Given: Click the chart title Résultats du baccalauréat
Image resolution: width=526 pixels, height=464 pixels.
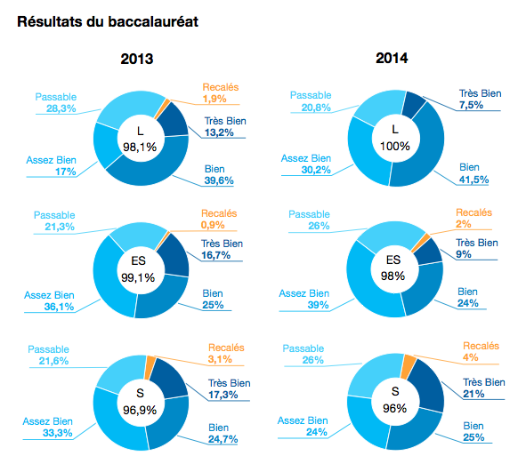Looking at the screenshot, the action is (108, 21).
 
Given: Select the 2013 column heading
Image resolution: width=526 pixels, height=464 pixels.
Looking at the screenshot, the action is (137, 59).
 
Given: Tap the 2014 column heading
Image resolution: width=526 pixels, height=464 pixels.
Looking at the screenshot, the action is (392, 58).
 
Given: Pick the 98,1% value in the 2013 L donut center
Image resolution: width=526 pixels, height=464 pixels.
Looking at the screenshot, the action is (140, 147).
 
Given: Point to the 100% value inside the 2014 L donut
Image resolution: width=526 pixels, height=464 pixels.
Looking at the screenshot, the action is (395, 146).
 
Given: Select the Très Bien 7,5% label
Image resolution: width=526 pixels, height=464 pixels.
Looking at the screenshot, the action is (480, 100).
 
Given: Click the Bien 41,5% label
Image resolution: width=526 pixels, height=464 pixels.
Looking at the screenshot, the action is (473, 173).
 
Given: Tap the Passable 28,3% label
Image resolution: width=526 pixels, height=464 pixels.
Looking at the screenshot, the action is (56, 103).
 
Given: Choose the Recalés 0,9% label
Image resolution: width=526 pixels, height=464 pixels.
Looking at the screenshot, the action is (219, 219).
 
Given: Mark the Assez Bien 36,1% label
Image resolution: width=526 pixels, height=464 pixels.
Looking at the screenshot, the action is (49, 300).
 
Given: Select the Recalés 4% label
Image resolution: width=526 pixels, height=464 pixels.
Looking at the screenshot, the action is (481, 351).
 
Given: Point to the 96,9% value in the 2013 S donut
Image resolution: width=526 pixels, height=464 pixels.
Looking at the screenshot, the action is (140, 410).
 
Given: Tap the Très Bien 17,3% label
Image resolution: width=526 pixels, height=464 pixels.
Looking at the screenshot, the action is (229, 388).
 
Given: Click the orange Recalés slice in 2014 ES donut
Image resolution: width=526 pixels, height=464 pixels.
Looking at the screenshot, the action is (421, 243).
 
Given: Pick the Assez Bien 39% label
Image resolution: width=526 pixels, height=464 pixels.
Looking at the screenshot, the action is (303, 300).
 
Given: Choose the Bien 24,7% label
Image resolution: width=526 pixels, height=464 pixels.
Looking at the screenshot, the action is (223, 433).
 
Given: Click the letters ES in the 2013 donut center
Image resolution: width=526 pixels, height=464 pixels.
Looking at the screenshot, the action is (138, 260).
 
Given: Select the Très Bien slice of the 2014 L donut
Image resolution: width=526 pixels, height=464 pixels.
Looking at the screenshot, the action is (414, 105).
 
